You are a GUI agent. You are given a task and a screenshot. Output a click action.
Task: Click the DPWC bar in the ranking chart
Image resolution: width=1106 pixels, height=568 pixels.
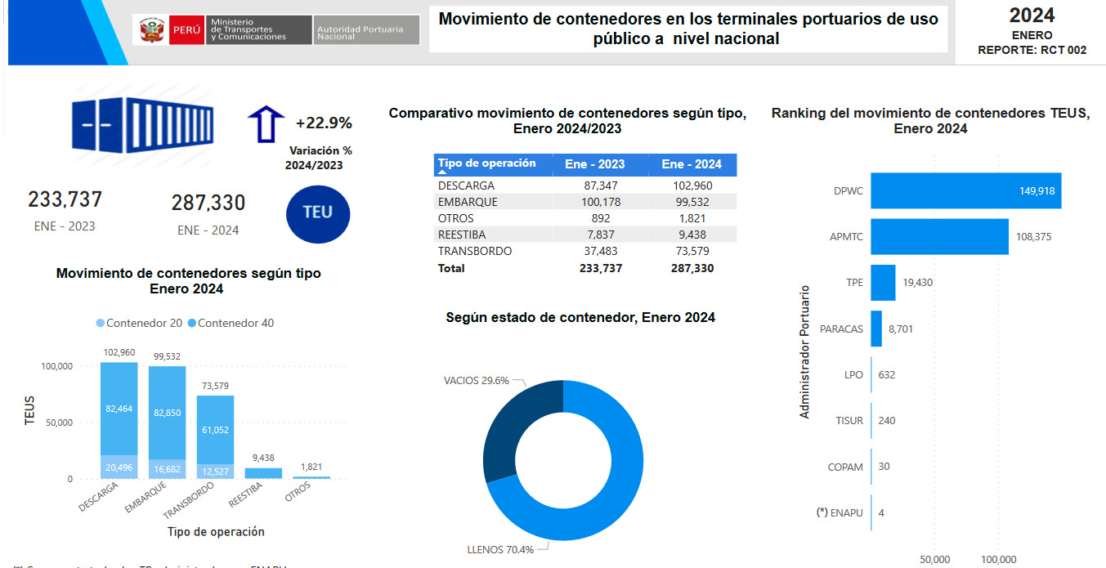(x=965, y=190)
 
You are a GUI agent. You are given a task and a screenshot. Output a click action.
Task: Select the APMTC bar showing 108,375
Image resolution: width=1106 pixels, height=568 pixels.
(x=938, y=236)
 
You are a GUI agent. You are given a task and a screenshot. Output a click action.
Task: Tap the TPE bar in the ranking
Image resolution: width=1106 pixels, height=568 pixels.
(x=883, y=283)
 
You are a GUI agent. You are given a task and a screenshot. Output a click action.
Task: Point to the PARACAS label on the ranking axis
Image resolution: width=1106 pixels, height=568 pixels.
(x=841, y=329)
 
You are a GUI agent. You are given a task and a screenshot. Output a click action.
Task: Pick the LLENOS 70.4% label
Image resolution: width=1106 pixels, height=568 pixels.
(x=500, y=549)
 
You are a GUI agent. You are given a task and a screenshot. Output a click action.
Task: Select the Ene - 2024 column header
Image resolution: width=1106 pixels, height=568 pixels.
(x=692, y=164)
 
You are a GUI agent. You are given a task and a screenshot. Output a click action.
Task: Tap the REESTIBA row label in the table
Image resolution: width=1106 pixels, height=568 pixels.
(x=462, y=235)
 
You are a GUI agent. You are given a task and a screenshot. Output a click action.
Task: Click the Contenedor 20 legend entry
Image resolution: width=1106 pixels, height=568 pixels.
(x=140, y=323)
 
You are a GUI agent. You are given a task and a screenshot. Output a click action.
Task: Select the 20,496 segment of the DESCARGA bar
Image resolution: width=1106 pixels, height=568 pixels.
(x=119, y=467)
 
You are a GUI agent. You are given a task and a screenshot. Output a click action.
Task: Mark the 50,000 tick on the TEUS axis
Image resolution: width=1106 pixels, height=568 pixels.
(x=56, y=423)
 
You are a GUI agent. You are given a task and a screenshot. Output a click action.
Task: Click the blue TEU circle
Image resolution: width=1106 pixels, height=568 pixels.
(x=318, y=212)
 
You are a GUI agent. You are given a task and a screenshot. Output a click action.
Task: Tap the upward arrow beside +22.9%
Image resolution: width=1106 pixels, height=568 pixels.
(x=265, y=123)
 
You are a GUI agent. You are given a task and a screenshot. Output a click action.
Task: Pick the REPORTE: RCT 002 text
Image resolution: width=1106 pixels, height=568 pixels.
(x=1032, y=50)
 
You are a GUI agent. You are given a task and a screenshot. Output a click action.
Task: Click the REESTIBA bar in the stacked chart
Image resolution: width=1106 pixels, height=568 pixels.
(x=263, y=473)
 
